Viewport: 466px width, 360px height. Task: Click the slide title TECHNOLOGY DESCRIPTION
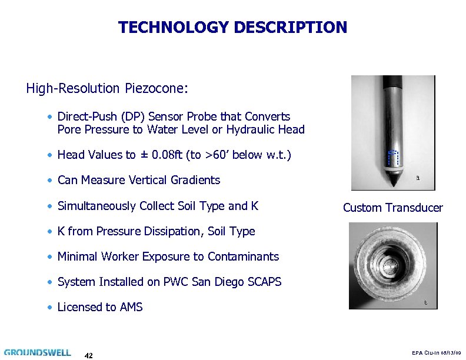pyautogui.click(x=232, y=28)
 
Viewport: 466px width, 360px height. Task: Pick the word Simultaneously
pyautogui.click(x=97, y=206)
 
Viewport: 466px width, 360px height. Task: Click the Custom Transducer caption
pyautogui.click(x=392, y=208)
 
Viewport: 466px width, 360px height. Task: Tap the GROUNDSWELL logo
pyautogui.click(x=38, y=353)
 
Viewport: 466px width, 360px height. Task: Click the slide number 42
pyautogui.click(x=88, y=355)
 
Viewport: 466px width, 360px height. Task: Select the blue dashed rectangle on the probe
pyautogui.click(x=392, y=158)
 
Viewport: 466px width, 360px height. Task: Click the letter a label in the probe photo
pyautogui.click(x=417, y=178)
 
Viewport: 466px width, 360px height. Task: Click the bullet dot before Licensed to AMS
pyautogui.click(x=52, y=307)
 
